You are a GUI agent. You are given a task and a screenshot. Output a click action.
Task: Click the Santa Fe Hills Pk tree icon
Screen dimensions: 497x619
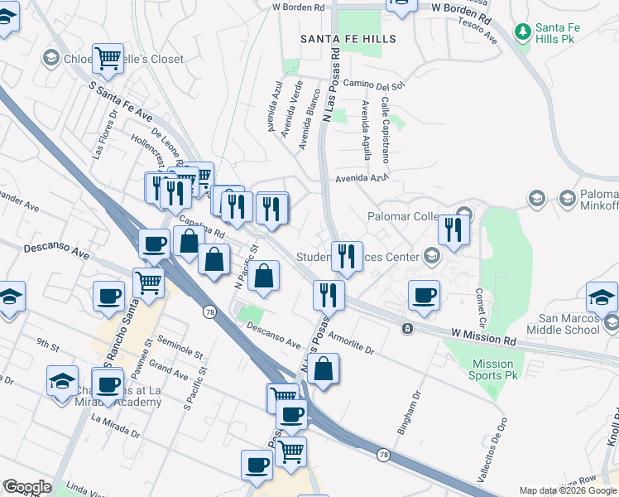[522, 32]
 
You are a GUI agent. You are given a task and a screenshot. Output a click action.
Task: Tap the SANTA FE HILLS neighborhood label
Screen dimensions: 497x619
[348, 39]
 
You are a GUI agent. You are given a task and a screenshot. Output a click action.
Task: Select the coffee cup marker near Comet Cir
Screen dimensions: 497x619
[425, 296]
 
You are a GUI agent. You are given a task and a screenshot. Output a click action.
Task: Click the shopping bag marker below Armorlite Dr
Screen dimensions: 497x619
[325, 369]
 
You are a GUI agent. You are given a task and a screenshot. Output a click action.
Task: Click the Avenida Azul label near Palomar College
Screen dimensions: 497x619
[362, 178]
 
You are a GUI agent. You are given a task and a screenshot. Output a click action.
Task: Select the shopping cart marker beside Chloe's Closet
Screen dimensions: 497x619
[108, 58]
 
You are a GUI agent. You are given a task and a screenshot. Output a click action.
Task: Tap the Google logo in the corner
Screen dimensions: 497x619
[27, 487]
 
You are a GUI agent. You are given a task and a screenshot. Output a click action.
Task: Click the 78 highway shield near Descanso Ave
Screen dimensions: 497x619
[209, 310]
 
